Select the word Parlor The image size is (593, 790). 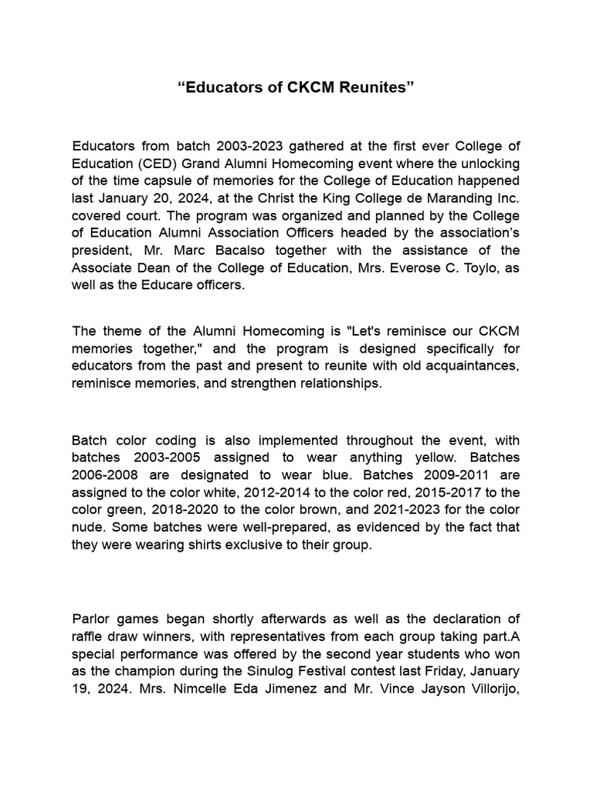[x=92, y=620]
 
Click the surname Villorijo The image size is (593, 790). [x=489, y=688]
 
